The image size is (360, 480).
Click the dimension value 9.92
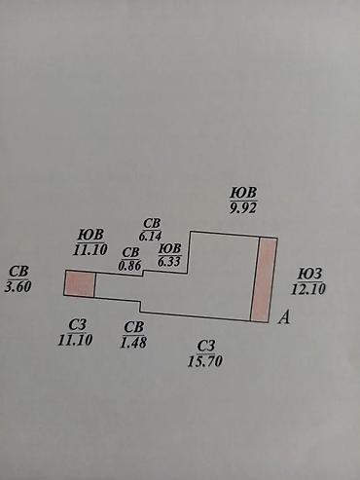pyautogui.click(x=243, y=208)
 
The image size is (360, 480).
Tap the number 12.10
pyautogui.click(x=308, y=288)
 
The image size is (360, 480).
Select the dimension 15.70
pyautogui.click(x=205, y=360)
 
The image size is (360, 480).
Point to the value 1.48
pyautogui.click(x=133, y=342)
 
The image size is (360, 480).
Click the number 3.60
pyautogui.click(x=18, y=286)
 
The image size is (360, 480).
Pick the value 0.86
pyautogui.click(x=129, y=266)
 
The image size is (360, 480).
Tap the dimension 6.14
pyautogui.click(x=150, y=236)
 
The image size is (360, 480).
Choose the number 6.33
pyautogui.click(x=169, y=261)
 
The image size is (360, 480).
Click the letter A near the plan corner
pyautogui.click(x=284, y=317)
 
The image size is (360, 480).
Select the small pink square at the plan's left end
pyautogui.click(x=80, y=283)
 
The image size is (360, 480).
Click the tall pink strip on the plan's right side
pyautogui.click(x=265, y=279)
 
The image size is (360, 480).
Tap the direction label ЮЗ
pyautogui.click(x=310, y=275)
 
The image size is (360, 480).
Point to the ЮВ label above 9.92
pyautogui.click(x=243, y=193)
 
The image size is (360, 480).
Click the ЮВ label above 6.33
pyautogui.click(x=169, y=249)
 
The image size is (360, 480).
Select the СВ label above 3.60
pyautogui.click(x=18, y=272)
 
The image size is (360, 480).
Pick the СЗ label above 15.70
pyautogui.click(x=206, y=346)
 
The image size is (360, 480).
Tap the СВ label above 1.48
pyautogui.click(x=134, y=327)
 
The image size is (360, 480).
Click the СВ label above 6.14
pyautogui.click(x=152, y=224)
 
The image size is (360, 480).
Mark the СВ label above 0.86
pyautogui.click(x=130, y=252)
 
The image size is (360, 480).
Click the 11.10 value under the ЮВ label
pyautogui.click(x=90, y=250)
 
